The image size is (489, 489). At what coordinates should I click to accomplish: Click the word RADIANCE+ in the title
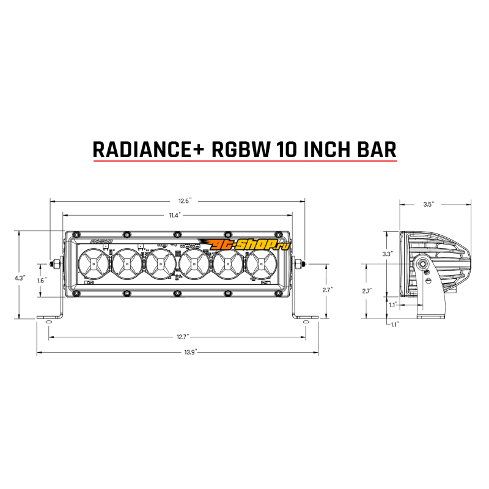pos(149,149)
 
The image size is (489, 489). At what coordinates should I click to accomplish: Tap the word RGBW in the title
pos(240,149)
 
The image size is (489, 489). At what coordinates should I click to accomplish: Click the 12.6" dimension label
pos(185,201)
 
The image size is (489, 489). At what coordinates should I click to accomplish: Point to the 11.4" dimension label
pos(175,215)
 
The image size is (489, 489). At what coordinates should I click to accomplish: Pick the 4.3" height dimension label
pos(20,278)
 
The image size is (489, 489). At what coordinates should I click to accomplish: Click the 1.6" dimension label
pos(42,281)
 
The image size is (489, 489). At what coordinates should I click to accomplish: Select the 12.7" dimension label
pos(183,337)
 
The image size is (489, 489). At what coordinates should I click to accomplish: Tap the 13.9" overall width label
pos(190,353)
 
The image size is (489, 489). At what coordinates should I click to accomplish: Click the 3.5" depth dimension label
pos(428,205)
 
